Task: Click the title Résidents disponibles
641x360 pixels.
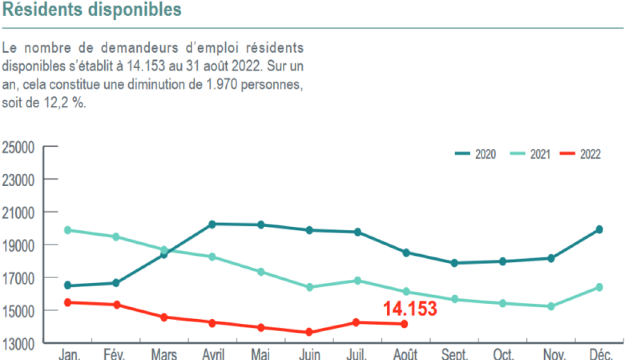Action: click(92, 9)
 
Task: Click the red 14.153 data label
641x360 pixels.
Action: click(410, 309)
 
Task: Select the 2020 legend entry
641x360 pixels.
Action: click(476, 154)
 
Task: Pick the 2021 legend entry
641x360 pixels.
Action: click(529, 154)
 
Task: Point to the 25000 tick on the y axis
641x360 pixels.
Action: click(18, 147)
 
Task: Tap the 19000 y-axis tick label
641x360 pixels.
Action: click(18, 245)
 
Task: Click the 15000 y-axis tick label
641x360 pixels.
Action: click(18, 311)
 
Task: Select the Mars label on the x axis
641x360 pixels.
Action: click(164, 355)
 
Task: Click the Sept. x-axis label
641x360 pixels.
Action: click(455, 355)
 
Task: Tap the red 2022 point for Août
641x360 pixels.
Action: click(404, 324)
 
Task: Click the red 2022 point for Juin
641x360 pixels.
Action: click(309, 332)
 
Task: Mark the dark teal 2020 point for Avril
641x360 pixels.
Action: click(212, 224)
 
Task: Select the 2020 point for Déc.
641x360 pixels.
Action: click(599, 230)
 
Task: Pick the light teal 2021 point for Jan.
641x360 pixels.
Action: click(67, 230)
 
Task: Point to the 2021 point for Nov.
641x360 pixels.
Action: click(551, 306)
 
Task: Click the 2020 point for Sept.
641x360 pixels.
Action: click(454, 263)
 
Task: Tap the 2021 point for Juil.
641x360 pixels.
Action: click(357, 281)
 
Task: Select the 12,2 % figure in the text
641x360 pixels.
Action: click(62, 103)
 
